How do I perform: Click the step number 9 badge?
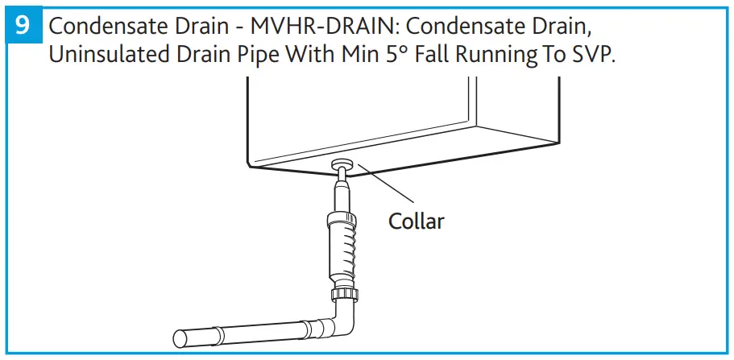coord(23,26)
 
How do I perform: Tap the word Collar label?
coord(416,220)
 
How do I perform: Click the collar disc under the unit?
coord(341,164)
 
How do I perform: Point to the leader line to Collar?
coord(387,184)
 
